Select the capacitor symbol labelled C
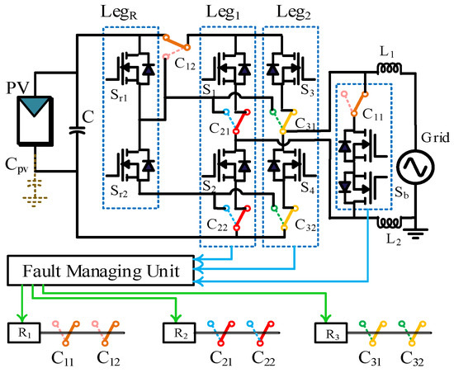click(x=76, y=129)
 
